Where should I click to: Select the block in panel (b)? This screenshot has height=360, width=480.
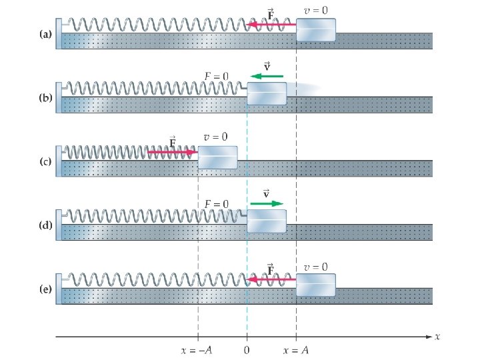pyautogui.click(x=267, y=93)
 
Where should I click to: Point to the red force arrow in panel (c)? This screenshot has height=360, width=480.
pyautogui.click(x=172, y=152)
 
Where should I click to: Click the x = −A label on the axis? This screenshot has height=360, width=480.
pyautogui.click(x=197, y=349)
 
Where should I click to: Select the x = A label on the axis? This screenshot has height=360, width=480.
pyautogui.click(x=296, y=349)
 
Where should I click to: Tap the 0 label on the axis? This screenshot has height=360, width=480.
pyautogui.click(x=247, y=349)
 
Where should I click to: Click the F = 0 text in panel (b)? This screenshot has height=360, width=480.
pyautogui.click(x=217, y=77)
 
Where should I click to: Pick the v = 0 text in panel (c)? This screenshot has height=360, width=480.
pyautogui.click(x=216, y=137)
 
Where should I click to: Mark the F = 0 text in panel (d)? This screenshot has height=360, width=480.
pyautogui.click(x=217, y=204)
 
